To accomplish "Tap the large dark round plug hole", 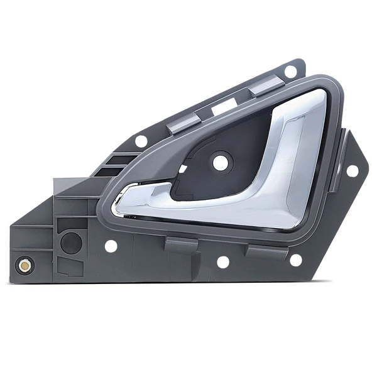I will (x=71, y=243).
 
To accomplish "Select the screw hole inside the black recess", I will (x=220, y=162).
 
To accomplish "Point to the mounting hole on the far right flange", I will (x=352, y=170).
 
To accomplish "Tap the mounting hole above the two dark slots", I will (x=141, y=141).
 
